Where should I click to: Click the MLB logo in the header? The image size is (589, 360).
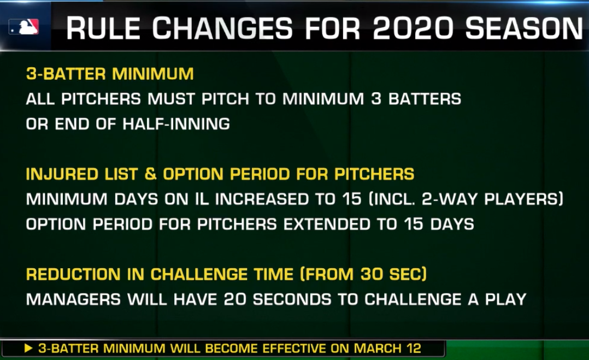23,27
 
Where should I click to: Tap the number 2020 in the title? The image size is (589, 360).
413,28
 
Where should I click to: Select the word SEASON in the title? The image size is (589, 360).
523,28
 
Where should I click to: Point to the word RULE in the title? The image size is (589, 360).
103,28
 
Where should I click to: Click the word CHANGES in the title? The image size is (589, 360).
222,28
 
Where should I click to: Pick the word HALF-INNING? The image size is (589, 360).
176,124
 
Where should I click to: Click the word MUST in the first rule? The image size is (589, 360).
172,99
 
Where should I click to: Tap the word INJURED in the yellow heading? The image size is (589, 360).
62,174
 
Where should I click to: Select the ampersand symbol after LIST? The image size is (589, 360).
150,174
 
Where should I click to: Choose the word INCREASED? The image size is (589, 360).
262,199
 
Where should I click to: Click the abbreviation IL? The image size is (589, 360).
202,199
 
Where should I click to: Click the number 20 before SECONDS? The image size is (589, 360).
235,299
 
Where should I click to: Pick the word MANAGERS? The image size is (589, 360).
74,299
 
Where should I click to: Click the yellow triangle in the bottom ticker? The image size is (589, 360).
28,349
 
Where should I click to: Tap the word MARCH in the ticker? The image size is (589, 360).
377,349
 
